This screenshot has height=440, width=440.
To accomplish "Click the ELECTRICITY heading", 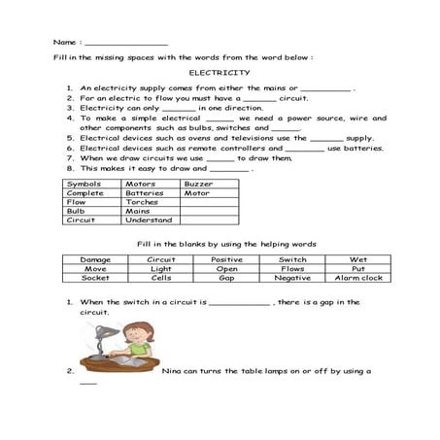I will point(219,73).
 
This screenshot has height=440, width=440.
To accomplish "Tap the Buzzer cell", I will point(198,184).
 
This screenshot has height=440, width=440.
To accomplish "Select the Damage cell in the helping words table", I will point(95,260).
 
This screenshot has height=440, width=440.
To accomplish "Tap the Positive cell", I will point(226,260).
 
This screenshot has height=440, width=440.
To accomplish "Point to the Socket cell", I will point(95,278).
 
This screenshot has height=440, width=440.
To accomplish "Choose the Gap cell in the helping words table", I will point(226,278).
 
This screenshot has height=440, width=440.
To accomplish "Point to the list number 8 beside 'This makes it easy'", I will point(71,167).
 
